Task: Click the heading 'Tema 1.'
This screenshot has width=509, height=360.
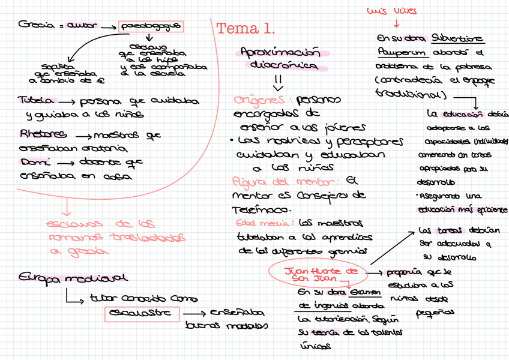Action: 245,29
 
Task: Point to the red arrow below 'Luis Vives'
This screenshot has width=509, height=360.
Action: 396,25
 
